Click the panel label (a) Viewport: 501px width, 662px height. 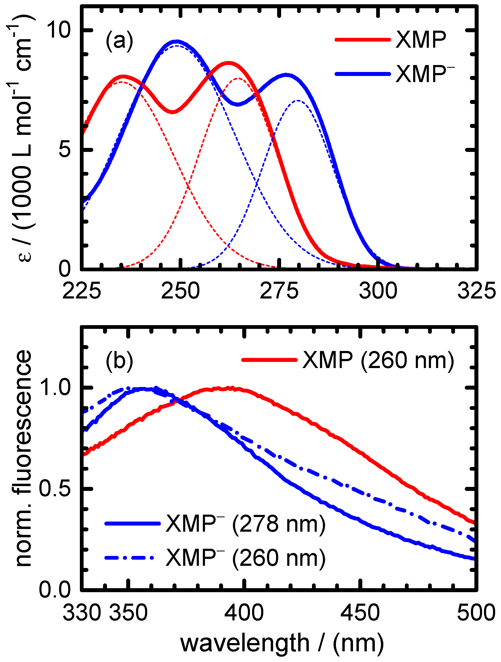(x=119, y=41)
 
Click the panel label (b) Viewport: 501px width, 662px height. (x=119, y=361)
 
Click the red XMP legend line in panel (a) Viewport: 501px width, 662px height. (x=362, y=39)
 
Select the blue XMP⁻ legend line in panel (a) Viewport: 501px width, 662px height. (x=362, y=74)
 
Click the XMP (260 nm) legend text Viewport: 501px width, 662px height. (x=378, y=360)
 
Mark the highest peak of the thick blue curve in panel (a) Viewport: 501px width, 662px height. (x=177, y=41)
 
